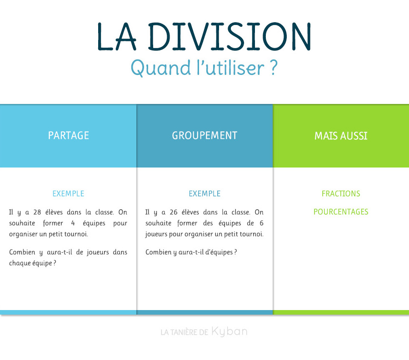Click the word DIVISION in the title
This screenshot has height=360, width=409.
[229, 36]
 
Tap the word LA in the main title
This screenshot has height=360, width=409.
[117, 36]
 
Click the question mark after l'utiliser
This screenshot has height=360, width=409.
[273, 68]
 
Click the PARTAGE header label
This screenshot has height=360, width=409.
[68, 136]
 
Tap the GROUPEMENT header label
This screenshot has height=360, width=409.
[204, 136]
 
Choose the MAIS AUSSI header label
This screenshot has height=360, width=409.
[341, 136]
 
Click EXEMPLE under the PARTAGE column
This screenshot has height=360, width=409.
[68, 193]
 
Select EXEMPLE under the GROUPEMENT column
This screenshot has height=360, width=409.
[205, 193]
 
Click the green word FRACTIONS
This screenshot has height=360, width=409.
[341, 193]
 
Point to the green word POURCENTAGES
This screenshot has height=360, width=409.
[341, 212]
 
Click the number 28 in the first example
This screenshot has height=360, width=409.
[37, 212]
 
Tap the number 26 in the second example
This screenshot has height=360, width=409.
[174, 212]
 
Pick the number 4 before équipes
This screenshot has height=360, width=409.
[73, 223]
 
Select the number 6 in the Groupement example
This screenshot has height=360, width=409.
[261, 223]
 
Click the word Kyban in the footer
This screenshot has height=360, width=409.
[229, 331]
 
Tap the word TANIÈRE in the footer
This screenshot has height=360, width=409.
[184, 332]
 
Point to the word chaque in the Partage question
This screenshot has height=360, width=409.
[20, 263]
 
